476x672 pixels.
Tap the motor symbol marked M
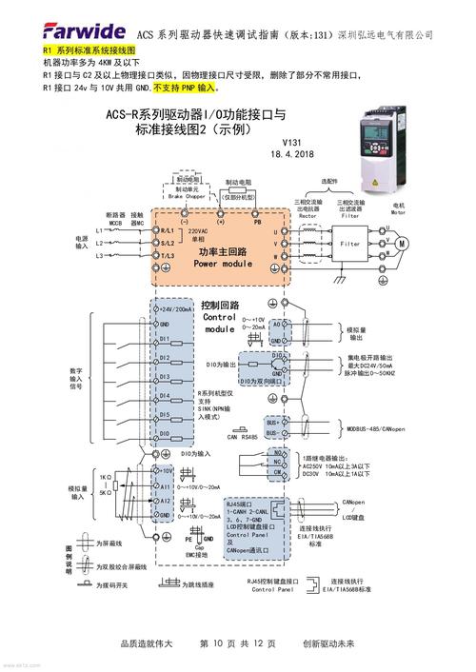pyautogui.click(x=401, y=244)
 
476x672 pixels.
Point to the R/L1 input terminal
pyautogui.click(x=166, y=231)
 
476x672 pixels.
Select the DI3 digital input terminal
pyautogui.click(x=164, y=378)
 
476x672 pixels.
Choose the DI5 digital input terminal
pyautogui.click(x=164, y=415)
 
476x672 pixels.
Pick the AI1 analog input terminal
pyautogui.click(x=163, y=485)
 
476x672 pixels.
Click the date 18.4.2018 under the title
pyautogui.click(x=291, y=153)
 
